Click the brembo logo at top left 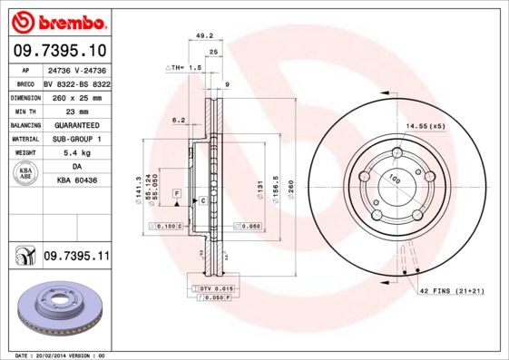click(x=56, y=20)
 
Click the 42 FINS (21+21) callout click(x=451, y=290)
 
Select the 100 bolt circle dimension click(x=395, y=179)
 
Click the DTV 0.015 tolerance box click(x=210, y=287)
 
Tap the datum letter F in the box click(x=177, y=194)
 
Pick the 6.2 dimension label click(x=179, y=120)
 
